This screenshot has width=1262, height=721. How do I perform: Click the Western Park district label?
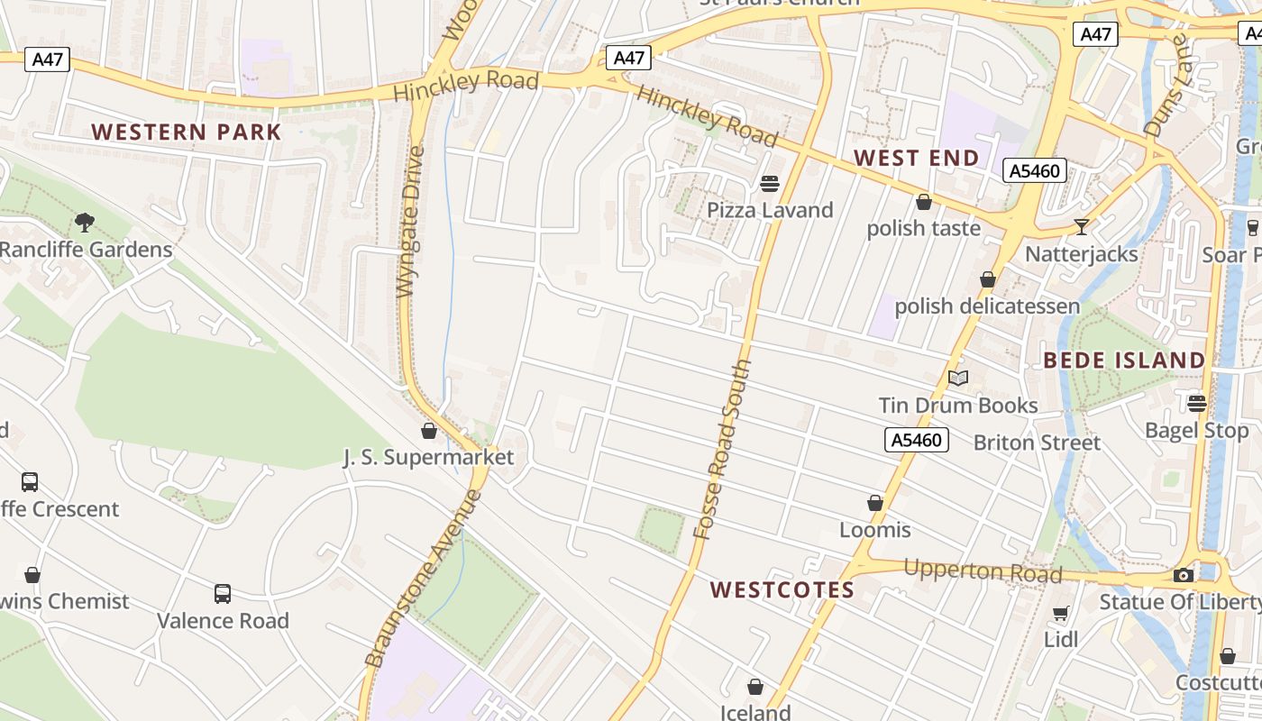click(x=187, y=132)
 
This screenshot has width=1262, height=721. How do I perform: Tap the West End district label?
click(x=916, y=158)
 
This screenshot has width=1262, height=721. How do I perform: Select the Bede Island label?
click(x=1124, y=360)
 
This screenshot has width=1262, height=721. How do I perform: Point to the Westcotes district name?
click(x=782, y=589)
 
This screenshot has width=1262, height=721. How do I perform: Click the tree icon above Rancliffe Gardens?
click(x=85, y=222)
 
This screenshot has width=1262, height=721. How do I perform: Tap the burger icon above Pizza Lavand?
click(x=769, y=184)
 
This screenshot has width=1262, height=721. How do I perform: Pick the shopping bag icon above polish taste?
click(x=923, y=202)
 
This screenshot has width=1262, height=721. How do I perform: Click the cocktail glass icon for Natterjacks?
click(x=1082, y=226)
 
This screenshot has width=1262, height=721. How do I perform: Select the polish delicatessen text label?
click(x=986, y=306)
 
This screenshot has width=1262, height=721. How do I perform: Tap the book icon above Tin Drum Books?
click(x=958, y=379)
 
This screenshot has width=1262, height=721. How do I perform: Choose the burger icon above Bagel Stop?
click(x=1197, y=403)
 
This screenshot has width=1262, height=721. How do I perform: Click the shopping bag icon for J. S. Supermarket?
click(x=429, y=431)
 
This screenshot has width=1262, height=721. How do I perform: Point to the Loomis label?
click(x=874, y=529)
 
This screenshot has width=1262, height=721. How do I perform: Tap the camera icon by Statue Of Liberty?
click(x=1183, y=575)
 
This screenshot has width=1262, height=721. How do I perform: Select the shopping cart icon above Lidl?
click(x=1061, y=614)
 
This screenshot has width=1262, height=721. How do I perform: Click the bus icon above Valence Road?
click(x=222, y=594)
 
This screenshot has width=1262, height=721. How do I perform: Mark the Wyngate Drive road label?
click(x=410, y=221)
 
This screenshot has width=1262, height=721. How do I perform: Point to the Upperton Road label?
click(x=982, y=571)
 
